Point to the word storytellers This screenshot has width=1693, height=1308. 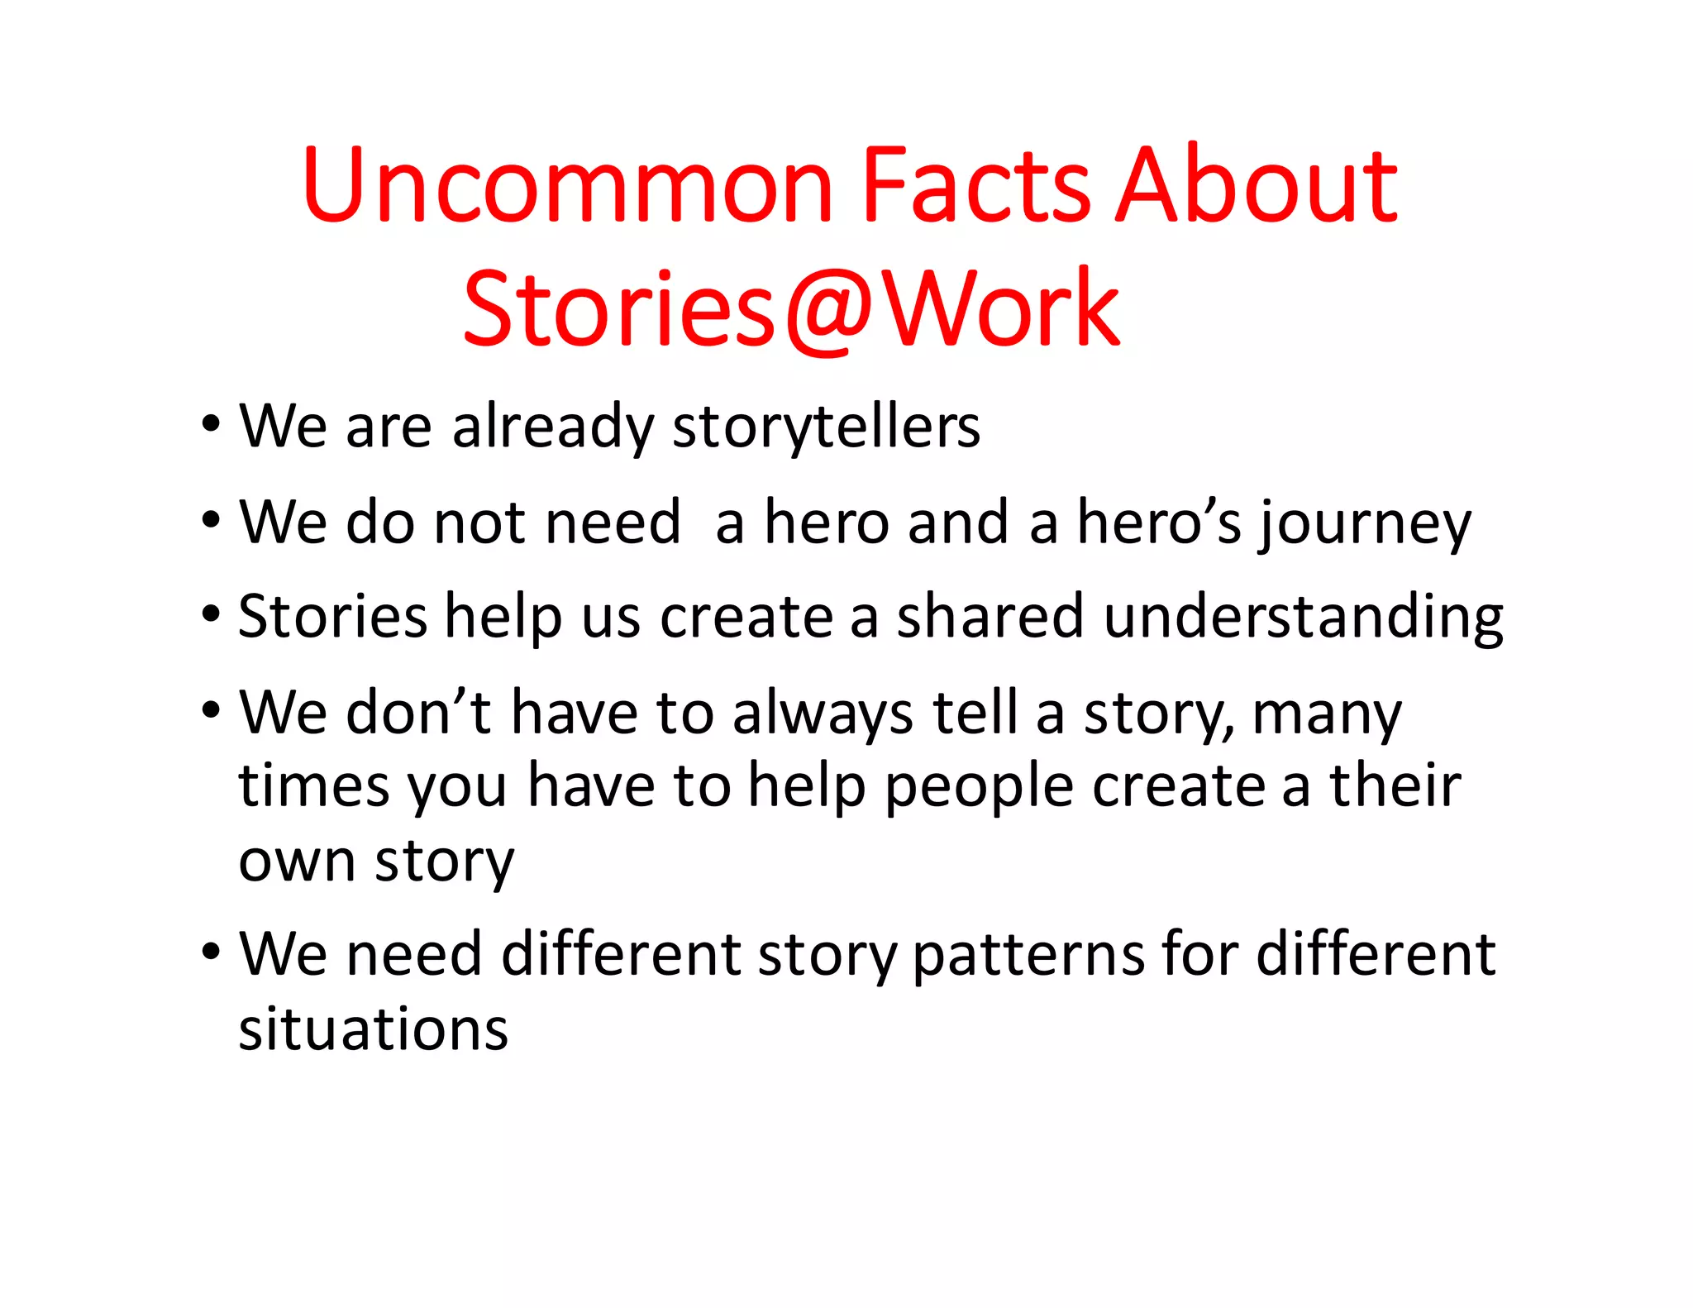click(x=826, y=428)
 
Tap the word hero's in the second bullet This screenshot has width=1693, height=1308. click(x=1159, y=523)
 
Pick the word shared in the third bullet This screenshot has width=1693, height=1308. click(x=990, y=617)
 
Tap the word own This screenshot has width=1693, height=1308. click(x=297, y=862)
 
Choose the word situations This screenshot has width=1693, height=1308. click(x=374, y=1030)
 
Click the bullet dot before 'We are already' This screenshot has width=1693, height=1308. click(x=212, y=425)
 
